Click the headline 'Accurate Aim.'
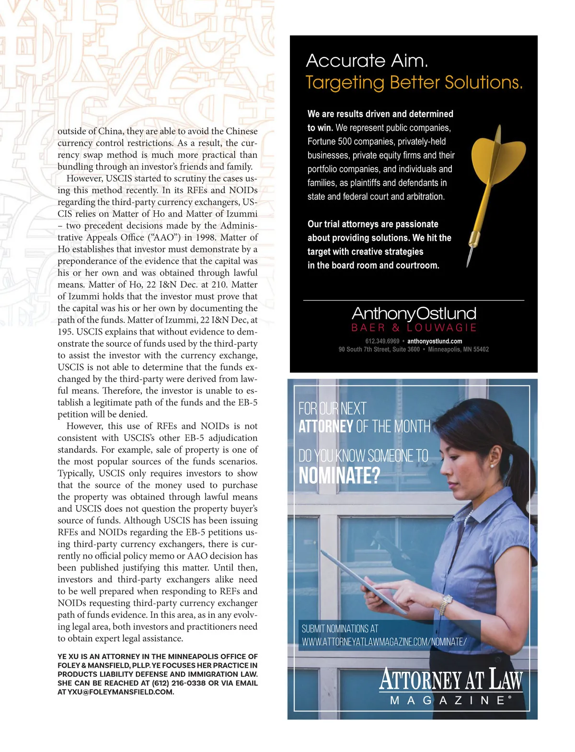(x=367, y=61)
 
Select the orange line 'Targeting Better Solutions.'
(x=414, y=82)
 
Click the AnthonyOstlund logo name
(x=414, y=313)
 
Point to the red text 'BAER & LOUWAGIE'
(x=414, y=328)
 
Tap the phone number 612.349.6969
(x=382, y=341)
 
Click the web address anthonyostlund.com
(x=435, y=341)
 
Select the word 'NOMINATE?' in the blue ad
(x=339, y=476)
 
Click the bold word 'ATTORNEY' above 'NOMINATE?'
(x=326, y=427)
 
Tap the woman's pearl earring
(x=492, y=464)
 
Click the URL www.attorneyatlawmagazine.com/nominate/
(x=384, y=642)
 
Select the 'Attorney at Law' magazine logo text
(x=450, y=680)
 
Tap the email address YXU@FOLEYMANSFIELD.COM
(x=120, y=692)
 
